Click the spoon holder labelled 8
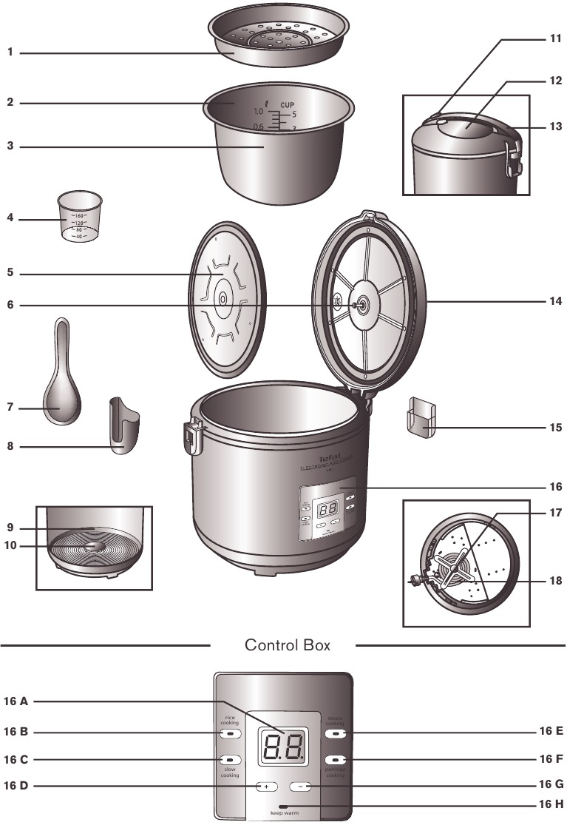[x=123, y=427]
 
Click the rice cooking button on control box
[x=230, y=733]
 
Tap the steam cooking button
[x=336, y=733]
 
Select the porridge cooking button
[x=336, y=760]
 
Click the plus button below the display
[x=265, y=786]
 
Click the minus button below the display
[x=300, y=786]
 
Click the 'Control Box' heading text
[x=288, y=645]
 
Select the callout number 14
[x=554, y=302]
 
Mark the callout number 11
[x=555, y=38]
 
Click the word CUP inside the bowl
[x=287, y=106]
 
